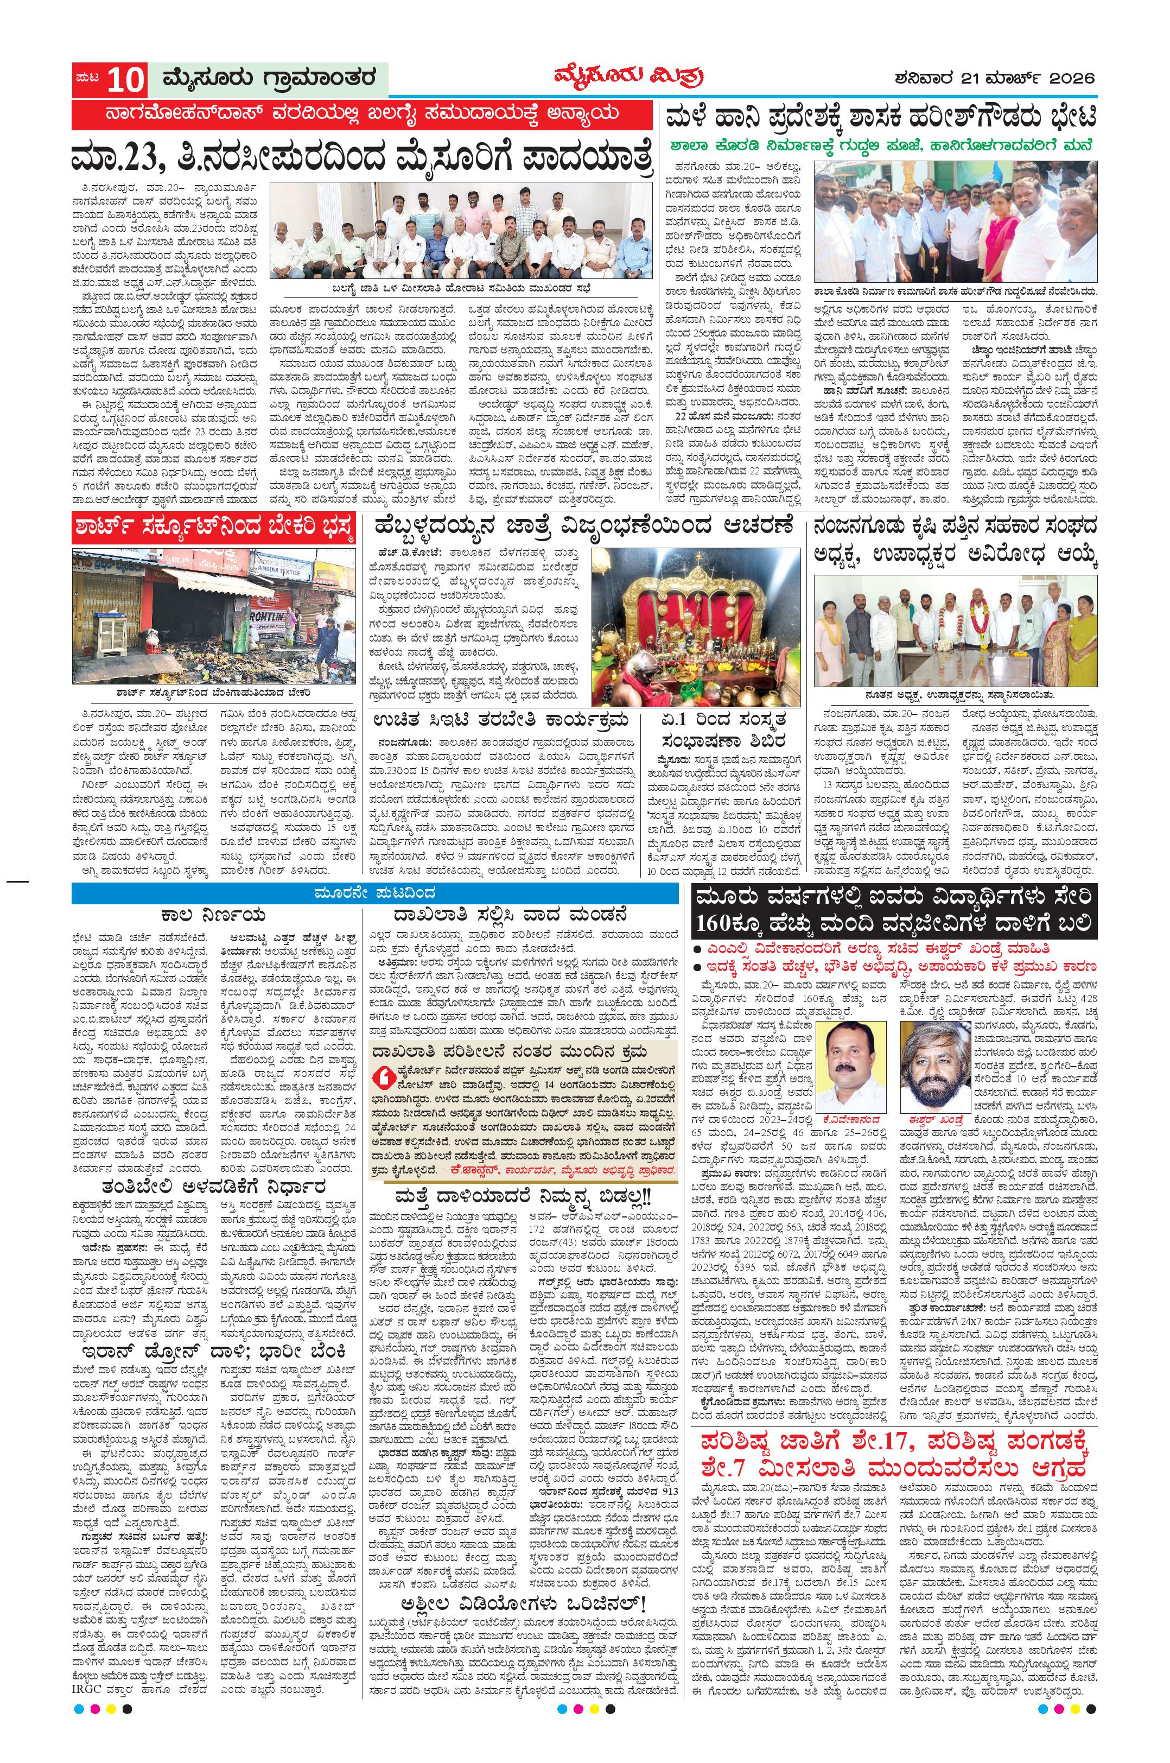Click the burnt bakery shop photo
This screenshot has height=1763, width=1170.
tap(213, 615)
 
